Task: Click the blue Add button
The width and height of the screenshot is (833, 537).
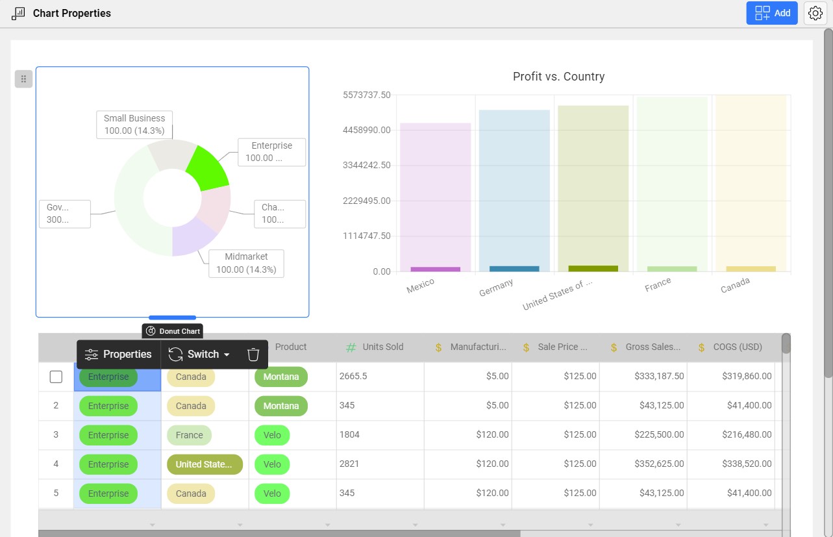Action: pos(771,13)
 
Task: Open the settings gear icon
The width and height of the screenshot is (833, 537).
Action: pos(815,13)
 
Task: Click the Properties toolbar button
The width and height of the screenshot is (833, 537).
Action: pos(119,355)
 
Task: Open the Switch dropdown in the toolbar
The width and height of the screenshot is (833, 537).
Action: pos(199,355)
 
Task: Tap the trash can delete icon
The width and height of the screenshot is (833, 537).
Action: pos(253,355)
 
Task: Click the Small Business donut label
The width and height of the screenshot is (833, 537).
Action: pos(134,124)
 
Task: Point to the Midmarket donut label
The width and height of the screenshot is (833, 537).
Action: pos(246,263)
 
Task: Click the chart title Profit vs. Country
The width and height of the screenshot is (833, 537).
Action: pos(558,77)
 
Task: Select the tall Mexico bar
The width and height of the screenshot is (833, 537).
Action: pos(435,195)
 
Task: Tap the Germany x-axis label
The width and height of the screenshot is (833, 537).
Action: pos(496,288)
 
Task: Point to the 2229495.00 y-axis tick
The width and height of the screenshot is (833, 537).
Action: pos(367,201)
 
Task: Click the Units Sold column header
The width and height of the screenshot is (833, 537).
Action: pos(382,347)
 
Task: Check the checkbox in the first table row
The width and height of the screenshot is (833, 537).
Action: pos(56,377)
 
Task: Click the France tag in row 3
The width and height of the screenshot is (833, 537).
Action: pos(189,435)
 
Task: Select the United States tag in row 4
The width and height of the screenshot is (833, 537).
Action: pos(204,464)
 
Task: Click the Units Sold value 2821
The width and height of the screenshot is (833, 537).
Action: pos(349,464)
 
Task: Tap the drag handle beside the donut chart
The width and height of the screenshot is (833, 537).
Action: pos(23,79)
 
